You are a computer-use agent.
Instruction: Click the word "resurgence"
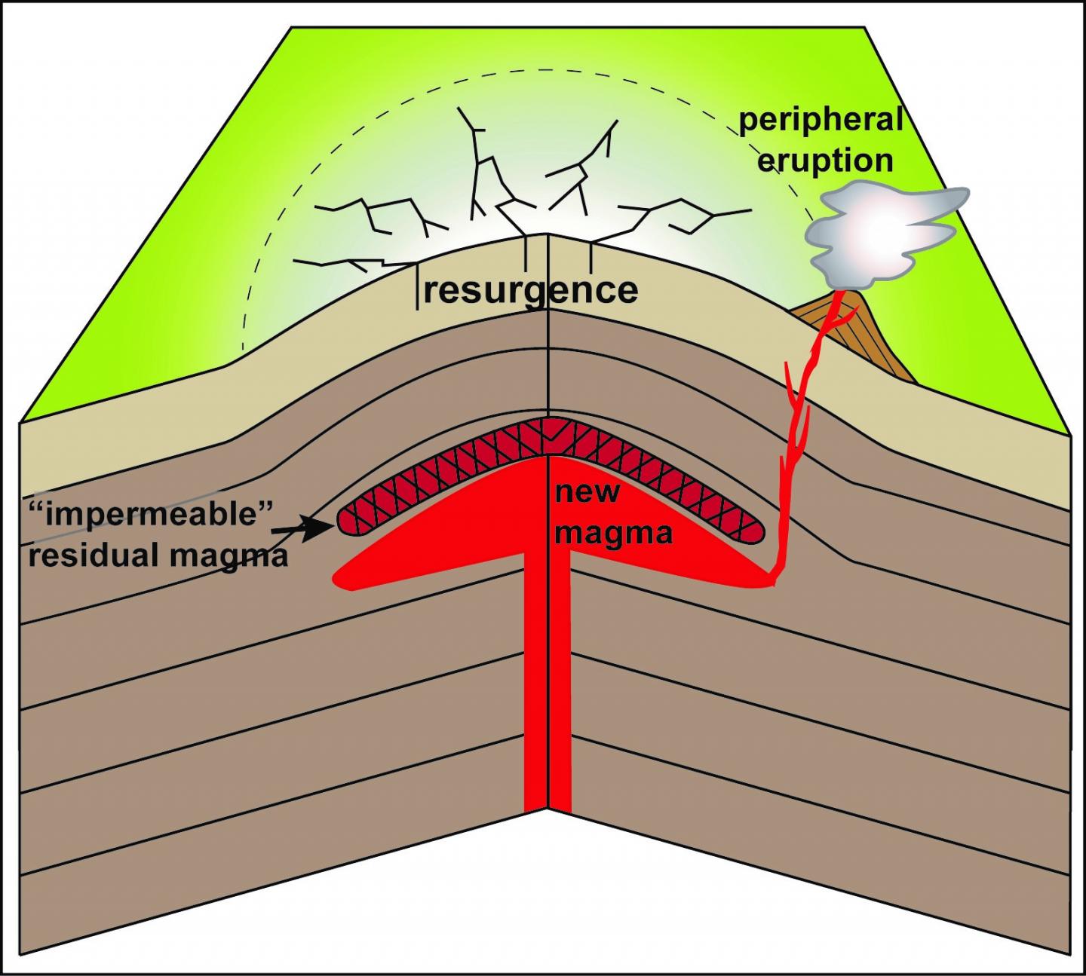pos(530,290)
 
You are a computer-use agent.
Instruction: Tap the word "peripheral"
pos(821,121)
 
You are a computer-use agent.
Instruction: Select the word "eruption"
pos(825,161)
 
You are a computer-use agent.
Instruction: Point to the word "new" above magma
pos(587,492)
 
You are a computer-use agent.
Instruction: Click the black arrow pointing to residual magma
pos(302,530)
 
